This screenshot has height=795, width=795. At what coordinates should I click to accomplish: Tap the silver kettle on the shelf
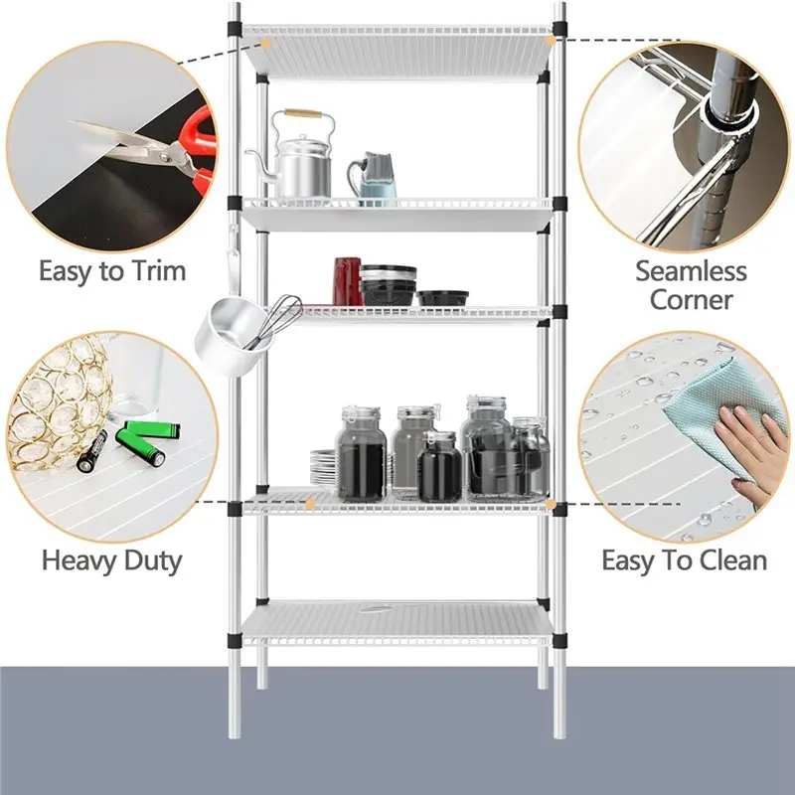pyautogui.click(x=302, y=164)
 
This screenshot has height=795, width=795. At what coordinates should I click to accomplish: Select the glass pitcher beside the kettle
pyautogui.click(x=374, y=179)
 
